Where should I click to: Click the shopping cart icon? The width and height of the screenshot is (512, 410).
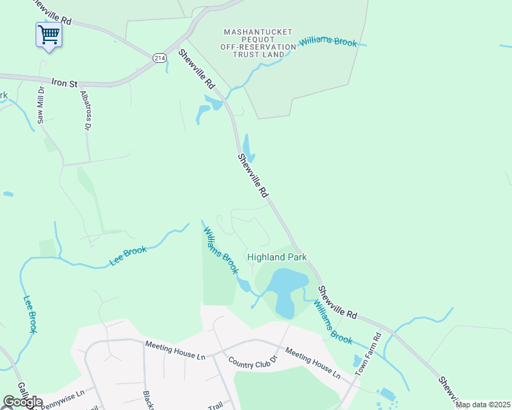coord(49,33)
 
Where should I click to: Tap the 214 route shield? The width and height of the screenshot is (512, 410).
coord(159,59)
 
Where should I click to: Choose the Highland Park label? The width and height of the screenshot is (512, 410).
coord(277,257)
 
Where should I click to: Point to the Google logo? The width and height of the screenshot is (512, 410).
coord(22,402)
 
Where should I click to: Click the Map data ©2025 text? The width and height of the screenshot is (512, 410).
coord(483,405)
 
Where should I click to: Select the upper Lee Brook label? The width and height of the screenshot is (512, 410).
coord(128,256)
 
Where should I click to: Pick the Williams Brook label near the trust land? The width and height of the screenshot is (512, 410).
coord(328,42)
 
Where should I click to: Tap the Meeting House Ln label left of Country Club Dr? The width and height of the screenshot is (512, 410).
coord(175,346)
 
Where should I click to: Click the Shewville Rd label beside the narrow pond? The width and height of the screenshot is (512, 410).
coord(252,176)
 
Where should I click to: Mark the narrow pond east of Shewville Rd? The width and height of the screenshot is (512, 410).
coord(247,147)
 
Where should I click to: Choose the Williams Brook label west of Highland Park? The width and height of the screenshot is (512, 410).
coord(220,249)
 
